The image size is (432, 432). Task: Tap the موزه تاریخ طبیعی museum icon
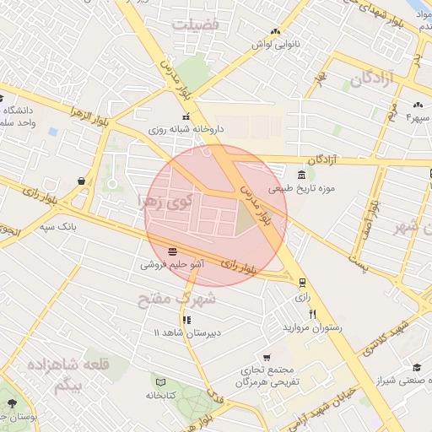click(278, 174)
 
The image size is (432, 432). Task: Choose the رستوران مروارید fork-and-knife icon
click(313, 314)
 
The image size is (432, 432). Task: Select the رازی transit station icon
click(302, 283)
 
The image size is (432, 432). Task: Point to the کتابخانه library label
click(160, 395)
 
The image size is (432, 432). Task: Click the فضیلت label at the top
click(195, 25)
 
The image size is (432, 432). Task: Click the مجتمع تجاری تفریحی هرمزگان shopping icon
click(267, 358)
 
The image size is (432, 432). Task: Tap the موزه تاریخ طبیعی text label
click(308, 188)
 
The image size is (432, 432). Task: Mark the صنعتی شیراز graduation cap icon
click(416, 367)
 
